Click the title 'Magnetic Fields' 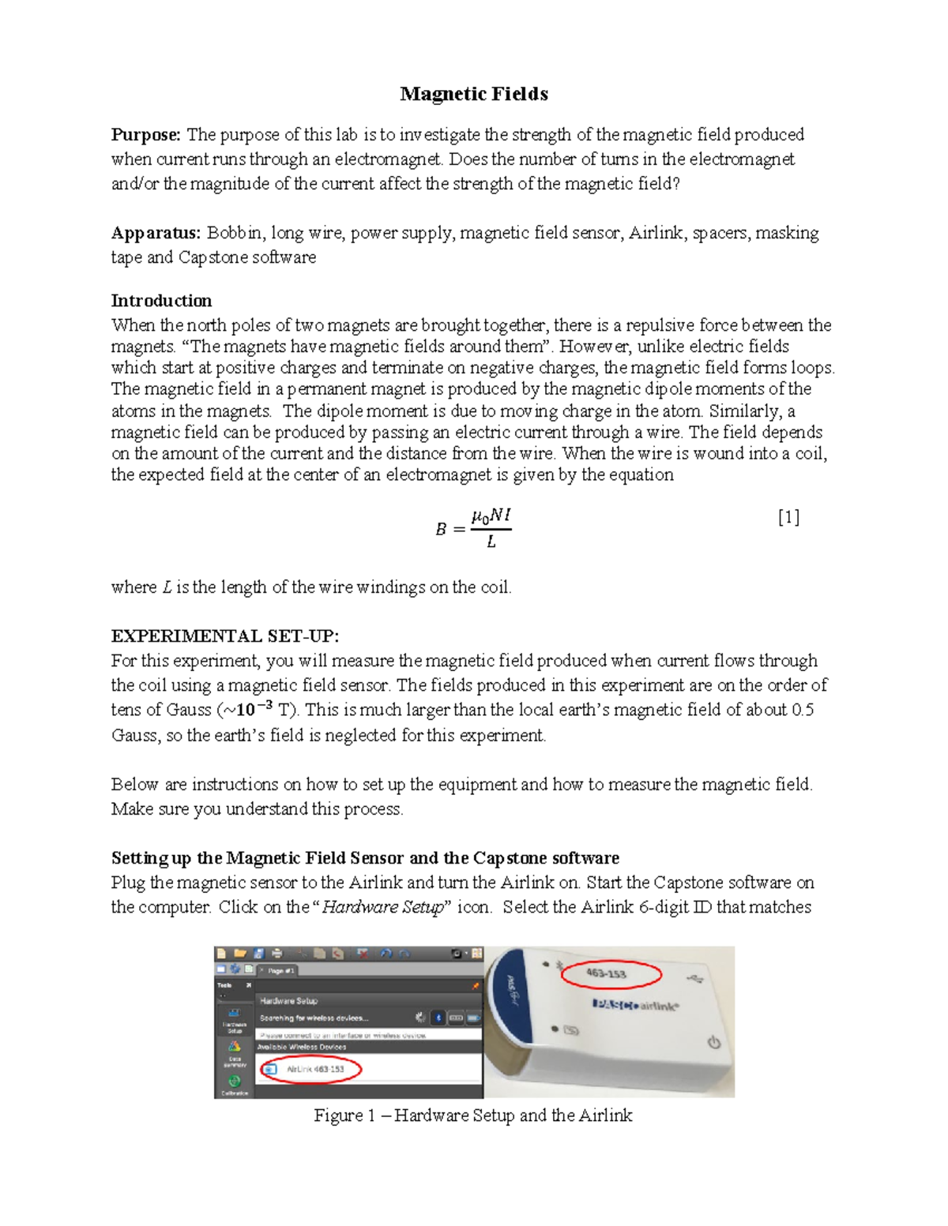(x=473, y=94)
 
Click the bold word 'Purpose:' (x=146, y=135)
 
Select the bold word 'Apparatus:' (x=156, y=233)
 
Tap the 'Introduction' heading (x=161, y=301)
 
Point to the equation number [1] (x=788, y=517)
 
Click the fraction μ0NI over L (x=491, y=528)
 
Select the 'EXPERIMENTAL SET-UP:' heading (x=225, y=636)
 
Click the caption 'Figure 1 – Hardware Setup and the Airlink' (x=472, y=1115)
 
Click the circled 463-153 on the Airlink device (x=609, y=973)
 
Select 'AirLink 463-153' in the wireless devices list (x=314, y=1069)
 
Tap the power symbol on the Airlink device (x=713, y=1043)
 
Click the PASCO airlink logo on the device (x=634, y=1005)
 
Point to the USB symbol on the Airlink (x=696, y=979)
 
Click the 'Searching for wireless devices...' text (x=314, y=1018)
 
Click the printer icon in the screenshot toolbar (x=276, y=954)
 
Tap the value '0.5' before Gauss (x=803, y=710)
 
